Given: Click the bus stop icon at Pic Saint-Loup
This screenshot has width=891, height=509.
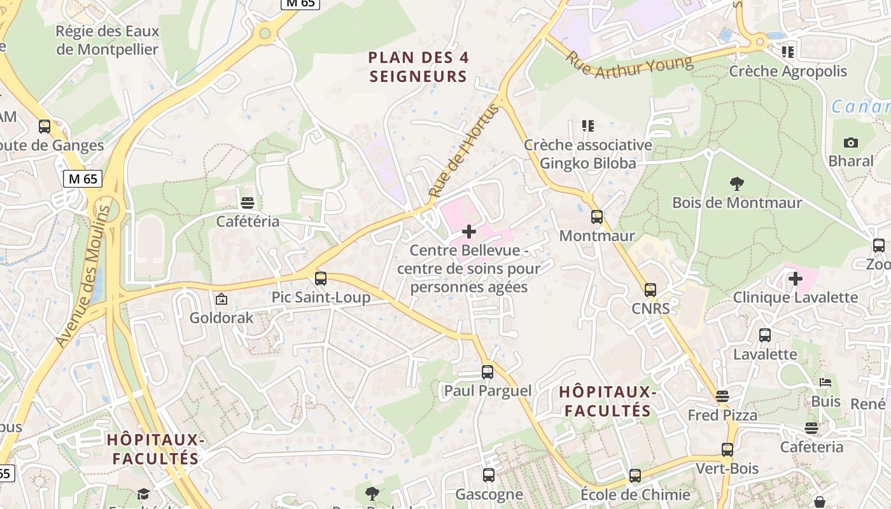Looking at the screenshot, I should click(321, 278).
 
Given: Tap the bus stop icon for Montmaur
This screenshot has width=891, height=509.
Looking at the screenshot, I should click(596, 217).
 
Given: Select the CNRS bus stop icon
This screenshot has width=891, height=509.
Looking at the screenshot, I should click(650, 290).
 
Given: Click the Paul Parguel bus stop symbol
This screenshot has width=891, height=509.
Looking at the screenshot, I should click(488, 372).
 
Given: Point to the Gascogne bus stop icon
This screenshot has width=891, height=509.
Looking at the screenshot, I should click(489, 475).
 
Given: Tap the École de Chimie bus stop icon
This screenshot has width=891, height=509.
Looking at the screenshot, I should click(635, 476).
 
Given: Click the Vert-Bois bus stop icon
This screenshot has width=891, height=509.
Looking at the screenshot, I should click(727, 450).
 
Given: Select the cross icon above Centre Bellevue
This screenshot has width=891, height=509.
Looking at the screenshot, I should click(469, 232).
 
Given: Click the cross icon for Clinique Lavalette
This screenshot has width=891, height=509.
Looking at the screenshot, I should click(795, 278).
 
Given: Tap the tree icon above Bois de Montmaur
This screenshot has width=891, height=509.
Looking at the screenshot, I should click(737, 184).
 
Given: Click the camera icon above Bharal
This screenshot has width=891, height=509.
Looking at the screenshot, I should click(850, 143).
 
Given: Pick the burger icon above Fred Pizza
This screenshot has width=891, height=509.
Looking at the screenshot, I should click(722, 396).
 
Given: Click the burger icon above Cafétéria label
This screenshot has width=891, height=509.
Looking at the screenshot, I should click(248, 203).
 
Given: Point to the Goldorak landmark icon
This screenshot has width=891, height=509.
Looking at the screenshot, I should click(221, 299).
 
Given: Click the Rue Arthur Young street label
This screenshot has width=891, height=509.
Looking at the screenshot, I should click(629, 65).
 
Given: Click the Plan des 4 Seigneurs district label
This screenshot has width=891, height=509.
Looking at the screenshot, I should click(418, 67).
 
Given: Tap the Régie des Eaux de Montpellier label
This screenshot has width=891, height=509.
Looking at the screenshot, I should click(107, 40).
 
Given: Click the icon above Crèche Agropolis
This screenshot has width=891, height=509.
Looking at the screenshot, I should click(788, 52).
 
